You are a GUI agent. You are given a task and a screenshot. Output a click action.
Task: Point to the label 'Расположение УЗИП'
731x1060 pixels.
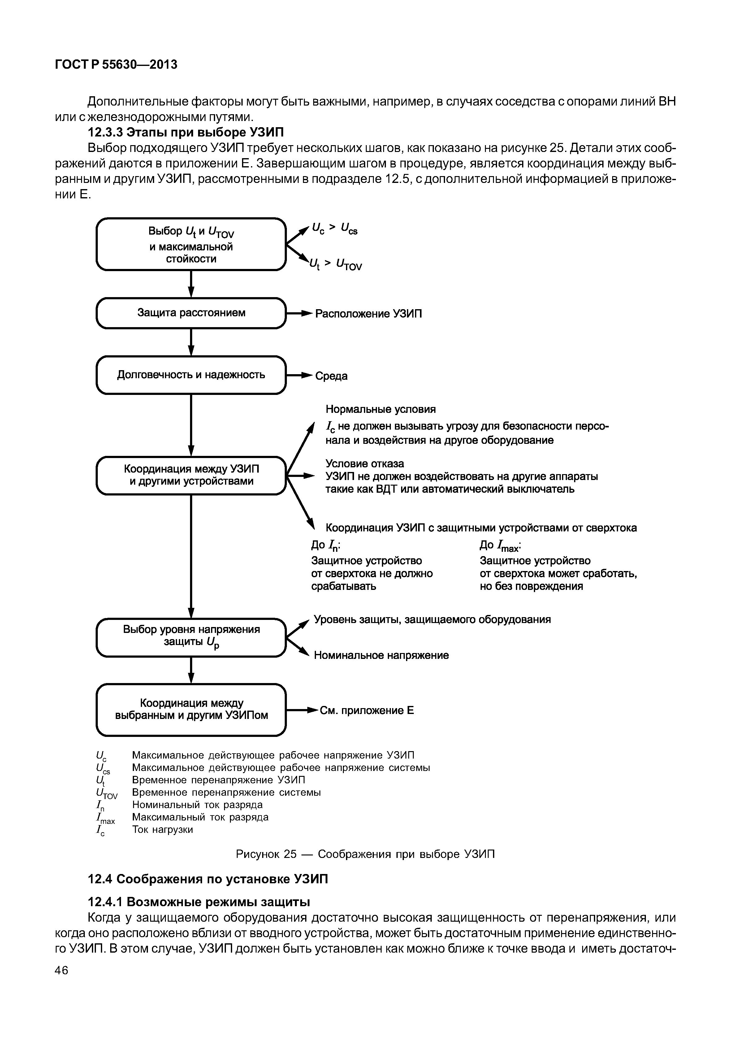point(368,314)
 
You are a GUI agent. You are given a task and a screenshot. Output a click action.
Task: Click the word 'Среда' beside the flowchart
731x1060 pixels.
point(331,376)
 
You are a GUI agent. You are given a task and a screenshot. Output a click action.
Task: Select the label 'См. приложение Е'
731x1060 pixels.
point(366,711)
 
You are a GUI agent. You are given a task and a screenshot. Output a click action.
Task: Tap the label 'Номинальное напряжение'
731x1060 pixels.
point(381,655)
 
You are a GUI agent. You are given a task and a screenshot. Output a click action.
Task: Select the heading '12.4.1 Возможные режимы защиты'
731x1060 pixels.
point(198,902)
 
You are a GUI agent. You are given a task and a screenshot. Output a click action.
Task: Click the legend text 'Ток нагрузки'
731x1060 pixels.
point(162,829)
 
